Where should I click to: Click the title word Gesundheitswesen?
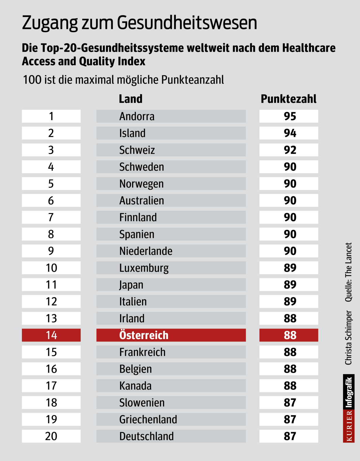187,23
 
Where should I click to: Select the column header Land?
131,99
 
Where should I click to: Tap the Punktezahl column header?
288,99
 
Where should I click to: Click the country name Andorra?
137,116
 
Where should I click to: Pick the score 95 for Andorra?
290,116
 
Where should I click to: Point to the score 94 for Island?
290,133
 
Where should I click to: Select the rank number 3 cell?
51,150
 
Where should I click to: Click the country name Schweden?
142,167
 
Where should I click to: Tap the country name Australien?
142,201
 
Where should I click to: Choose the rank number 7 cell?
51,217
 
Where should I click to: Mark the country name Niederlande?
146,251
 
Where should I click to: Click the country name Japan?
131,285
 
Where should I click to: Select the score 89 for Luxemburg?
290,268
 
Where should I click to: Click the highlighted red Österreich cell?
171,335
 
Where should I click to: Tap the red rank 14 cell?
51,335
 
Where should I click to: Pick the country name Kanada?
135,386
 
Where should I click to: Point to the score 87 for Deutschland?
290,436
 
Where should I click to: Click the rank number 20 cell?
51,436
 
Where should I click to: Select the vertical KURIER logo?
349,426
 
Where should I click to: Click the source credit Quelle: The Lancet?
349,272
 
